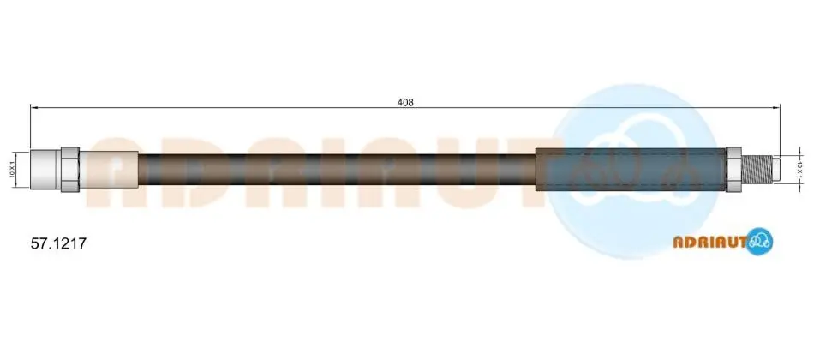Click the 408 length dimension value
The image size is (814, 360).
[x=405, y=102]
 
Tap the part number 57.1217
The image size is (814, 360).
[x=58, y=243]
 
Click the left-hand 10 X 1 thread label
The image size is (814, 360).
[x=11, y=170]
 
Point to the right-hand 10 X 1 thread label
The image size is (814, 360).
[x=800, y=170]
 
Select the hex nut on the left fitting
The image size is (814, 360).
[x=70, y=170]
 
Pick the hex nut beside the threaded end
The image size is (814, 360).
[x=733, y=170]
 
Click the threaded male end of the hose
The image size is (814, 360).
[x=757, y=170]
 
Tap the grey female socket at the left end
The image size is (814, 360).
[x=45, y=170]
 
